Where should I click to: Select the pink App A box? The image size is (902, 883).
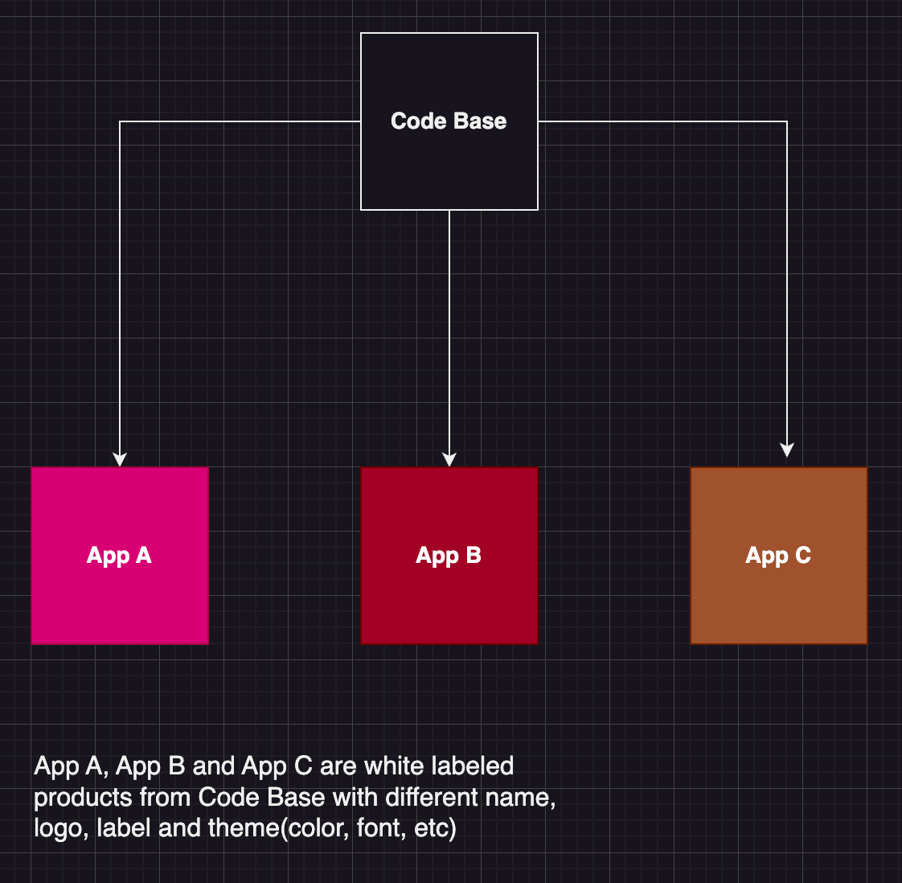(119, 595)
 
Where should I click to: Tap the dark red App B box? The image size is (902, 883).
(449, 595)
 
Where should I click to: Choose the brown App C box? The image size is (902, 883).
(778, 595)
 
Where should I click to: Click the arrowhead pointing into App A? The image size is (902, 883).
(120, 459)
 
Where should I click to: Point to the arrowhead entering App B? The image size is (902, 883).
(449, 459)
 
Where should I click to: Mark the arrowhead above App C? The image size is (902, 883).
(787, 450)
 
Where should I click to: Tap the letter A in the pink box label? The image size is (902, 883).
(143, 556)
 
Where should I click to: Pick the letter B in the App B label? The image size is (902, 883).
(474, 556)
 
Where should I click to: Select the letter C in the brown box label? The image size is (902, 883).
(802, 556)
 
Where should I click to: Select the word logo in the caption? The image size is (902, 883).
(59, 828)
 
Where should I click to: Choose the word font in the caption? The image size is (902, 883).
(378, 828)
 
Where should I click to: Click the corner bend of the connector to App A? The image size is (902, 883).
(120, 121)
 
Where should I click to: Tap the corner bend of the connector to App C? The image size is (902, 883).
(787, 121)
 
